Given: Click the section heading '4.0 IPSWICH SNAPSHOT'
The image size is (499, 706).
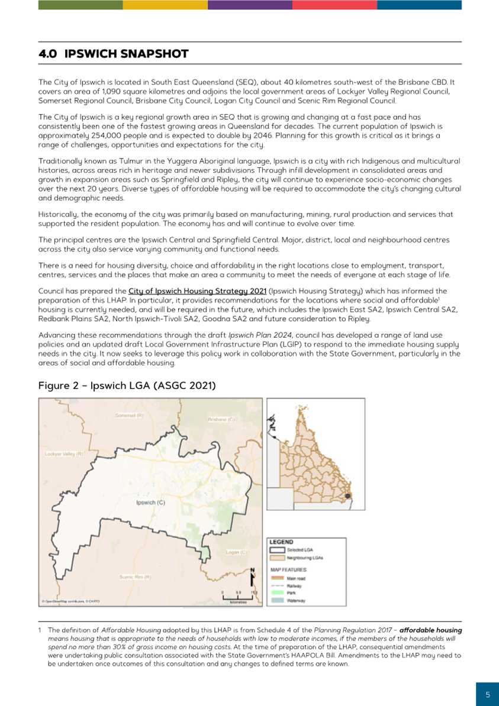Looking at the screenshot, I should click(x=113, y=54).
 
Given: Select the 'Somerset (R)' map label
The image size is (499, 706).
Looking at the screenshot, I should click(x=130, y=416).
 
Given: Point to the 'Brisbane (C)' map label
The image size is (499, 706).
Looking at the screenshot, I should click(x=221, y=419).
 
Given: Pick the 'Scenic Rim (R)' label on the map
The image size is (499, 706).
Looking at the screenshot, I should click(x=136, y=577).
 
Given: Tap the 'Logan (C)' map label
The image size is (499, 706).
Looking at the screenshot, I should click(x=236, y=552).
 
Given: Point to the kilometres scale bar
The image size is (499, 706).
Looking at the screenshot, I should click(x=237, y=597).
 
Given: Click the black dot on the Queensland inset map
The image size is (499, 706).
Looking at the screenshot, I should click(x=349, y=496).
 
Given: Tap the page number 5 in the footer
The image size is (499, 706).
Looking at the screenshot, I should click(x=488, y=695).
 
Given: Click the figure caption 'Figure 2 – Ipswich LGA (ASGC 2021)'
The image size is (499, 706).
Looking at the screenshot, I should click(x=127, y=386).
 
